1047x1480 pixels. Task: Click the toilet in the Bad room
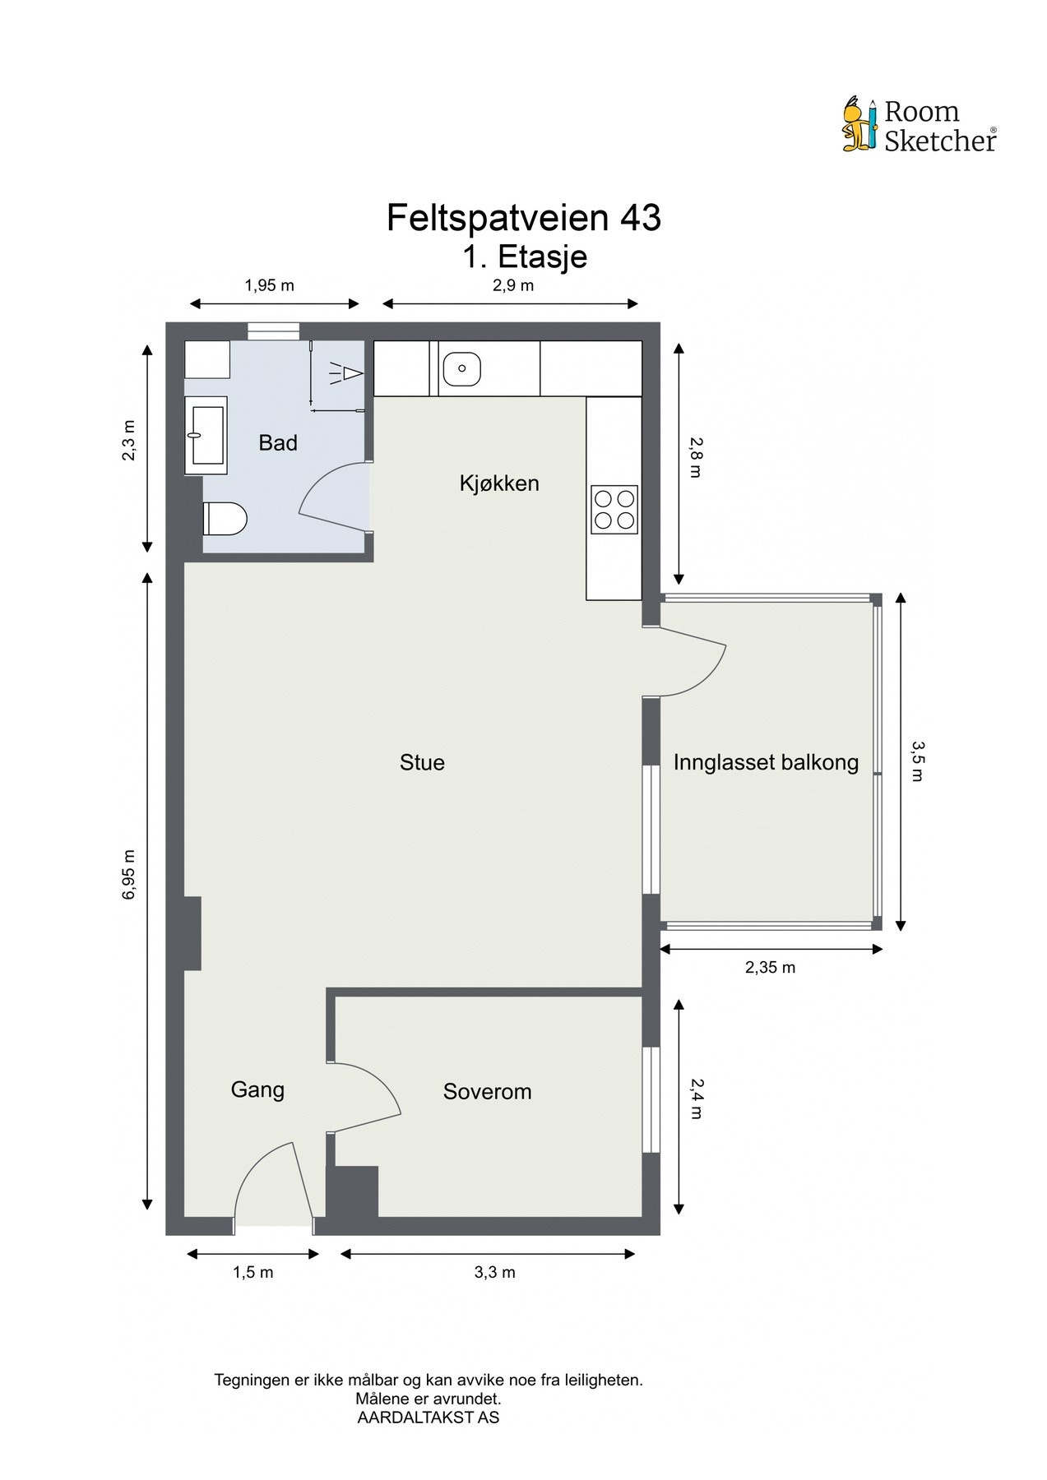point(225,518)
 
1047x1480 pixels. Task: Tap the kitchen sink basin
point(462,368)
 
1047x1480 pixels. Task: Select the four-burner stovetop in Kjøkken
point(614,510)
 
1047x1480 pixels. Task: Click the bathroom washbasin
point(206,436)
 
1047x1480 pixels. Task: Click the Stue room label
point(422,763)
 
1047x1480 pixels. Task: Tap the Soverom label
point(487,1092)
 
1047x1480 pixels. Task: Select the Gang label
point(257,1090)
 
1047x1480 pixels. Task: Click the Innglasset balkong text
point(766,763)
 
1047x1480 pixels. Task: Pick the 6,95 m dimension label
point(128,874)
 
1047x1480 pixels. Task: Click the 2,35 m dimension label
point(771,968)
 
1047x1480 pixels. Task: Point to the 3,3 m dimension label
point(495,1273)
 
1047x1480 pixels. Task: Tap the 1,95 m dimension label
point(269,286)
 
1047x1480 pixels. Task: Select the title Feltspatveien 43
point(524,218)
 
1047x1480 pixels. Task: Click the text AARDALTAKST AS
point(429,1418)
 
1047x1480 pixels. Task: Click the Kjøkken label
point(499,483)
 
